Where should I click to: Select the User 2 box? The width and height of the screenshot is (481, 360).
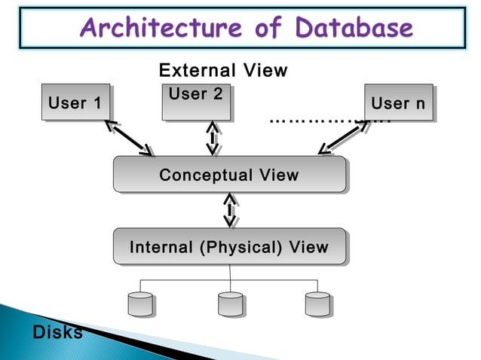196,102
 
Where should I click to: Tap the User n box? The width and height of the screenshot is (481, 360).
398,102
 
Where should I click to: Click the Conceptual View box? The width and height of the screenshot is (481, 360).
229,175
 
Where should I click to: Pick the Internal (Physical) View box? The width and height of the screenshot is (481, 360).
229,246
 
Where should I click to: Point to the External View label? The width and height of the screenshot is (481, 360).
223,71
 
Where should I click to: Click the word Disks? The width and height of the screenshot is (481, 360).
57,332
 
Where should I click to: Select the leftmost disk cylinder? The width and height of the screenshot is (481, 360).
140,304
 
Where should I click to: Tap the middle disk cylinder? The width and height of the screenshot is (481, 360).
230,304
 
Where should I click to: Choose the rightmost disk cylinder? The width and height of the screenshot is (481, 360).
317,304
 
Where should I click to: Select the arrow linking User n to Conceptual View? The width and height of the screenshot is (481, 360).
344,137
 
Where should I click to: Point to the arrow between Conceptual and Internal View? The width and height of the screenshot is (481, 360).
230,210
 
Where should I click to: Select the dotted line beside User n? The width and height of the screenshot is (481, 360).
317,121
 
